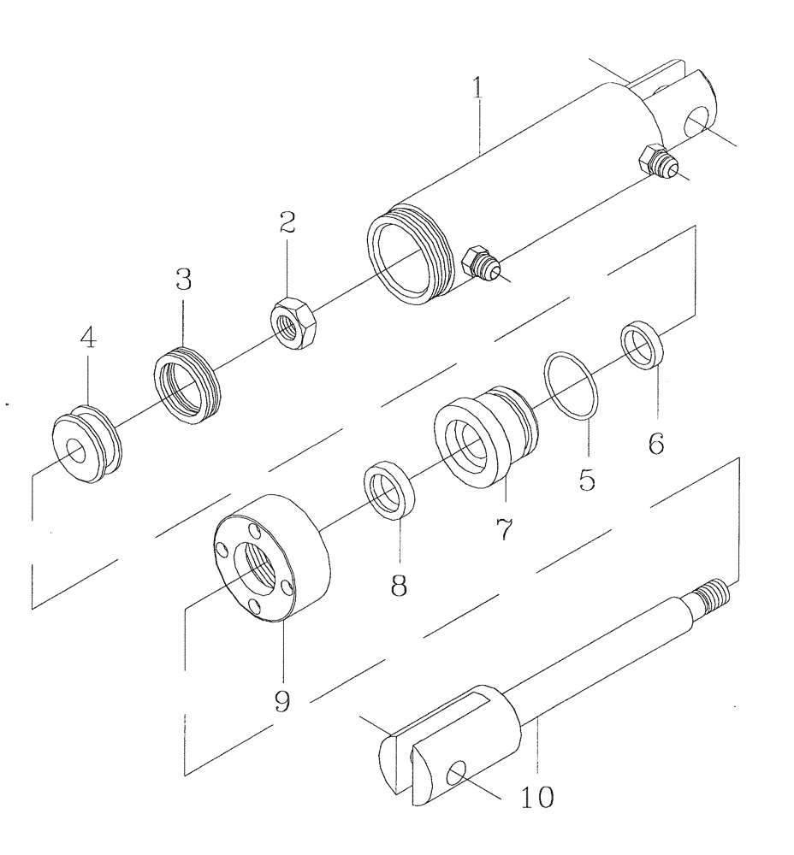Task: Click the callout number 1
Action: point(480,88)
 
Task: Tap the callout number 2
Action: point(287,224)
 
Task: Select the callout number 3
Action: point(183,280)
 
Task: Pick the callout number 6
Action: point(656,445)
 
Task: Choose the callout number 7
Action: point(504,530)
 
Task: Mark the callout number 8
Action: point(399,585)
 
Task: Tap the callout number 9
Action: point(282,701)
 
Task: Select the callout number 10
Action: point(536,797)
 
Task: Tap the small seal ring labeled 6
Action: point(643,343)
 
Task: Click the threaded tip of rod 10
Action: point(717,592)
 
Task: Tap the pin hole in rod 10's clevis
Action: point(458,774)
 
